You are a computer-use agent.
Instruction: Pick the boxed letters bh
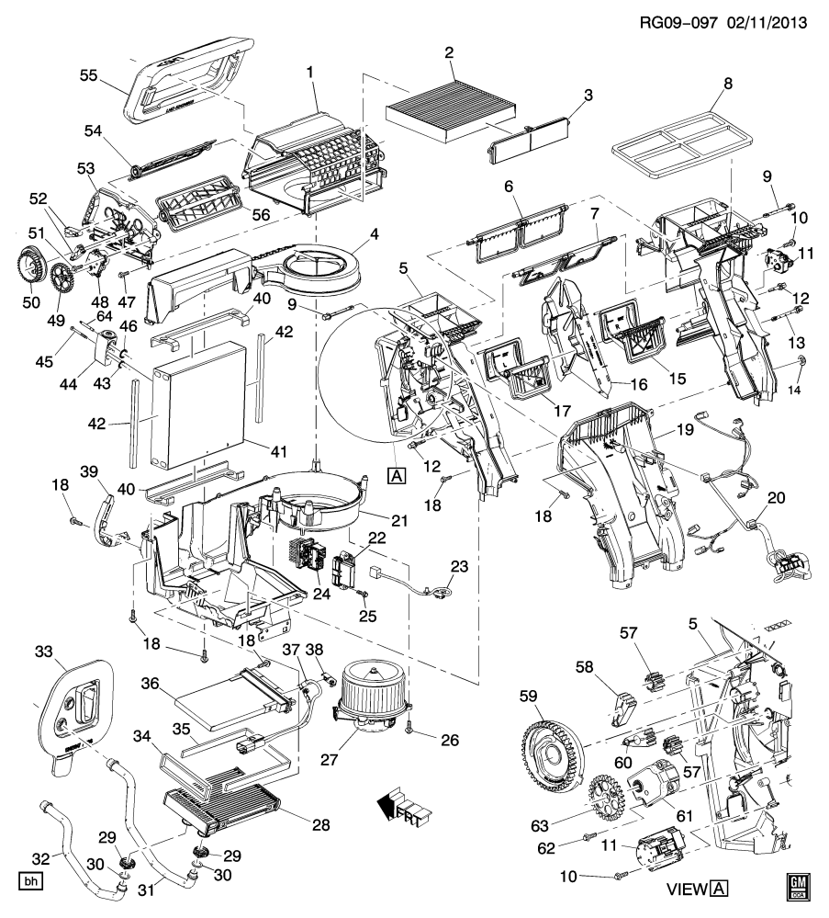32,883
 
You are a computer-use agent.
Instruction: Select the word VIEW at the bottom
684,888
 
